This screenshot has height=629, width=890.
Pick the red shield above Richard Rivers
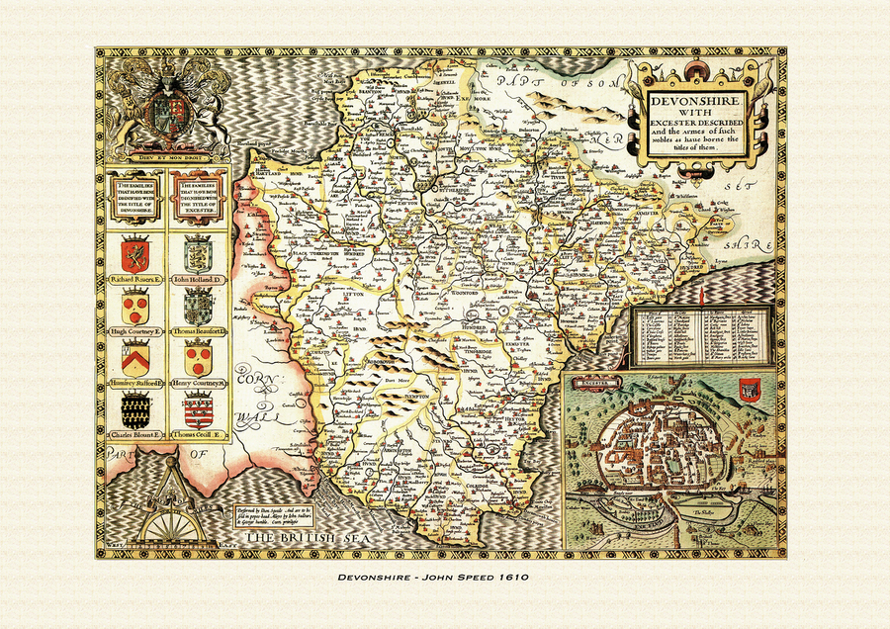(x=135, y=254)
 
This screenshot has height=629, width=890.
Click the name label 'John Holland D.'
(x=198, y=281)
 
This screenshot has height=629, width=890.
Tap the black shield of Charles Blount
(x=135, y=408)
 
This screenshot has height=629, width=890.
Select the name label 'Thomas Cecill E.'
(x=198, y=434)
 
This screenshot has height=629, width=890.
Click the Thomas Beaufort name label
(x=198, y=331)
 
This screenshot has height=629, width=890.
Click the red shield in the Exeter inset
(x=748, y=390)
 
